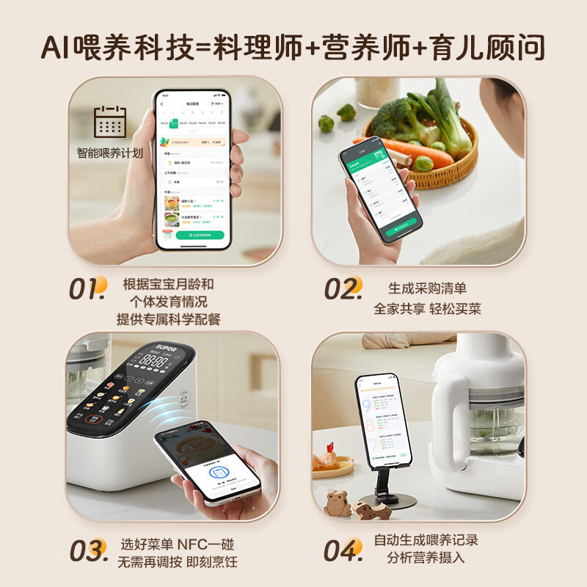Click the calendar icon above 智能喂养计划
110,123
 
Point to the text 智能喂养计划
110,153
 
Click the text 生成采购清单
427,288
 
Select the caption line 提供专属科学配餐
168,319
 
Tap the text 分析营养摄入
426,558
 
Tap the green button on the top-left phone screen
200,235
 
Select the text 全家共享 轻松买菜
427,309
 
